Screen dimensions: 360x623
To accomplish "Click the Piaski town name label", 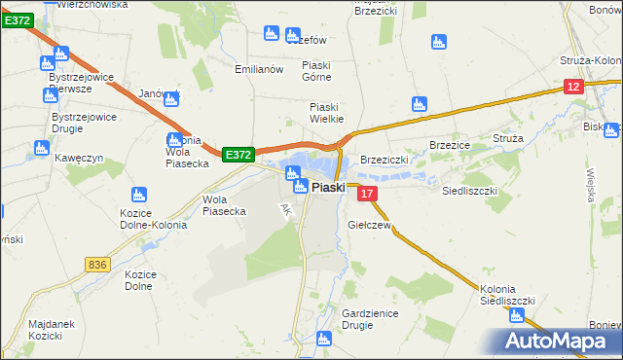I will [328, 188].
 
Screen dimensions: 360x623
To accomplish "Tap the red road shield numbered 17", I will [367, 196].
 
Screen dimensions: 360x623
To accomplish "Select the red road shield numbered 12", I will [573, 88].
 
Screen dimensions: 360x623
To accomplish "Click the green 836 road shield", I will [96, 265].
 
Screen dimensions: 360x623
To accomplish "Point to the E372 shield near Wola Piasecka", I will [238, 155].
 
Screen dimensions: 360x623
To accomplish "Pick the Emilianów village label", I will [259, 70].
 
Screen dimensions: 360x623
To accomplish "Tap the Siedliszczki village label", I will [470, 192].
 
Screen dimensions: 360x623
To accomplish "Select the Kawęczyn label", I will [79, 158].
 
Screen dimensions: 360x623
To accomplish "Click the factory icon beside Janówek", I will [172, 97].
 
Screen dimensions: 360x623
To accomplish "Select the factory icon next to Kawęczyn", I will [41, 148].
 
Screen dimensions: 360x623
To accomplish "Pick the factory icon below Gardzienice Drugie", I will [325, 339].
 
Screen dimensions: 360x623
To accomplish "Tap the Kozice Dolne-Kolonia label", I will [145, 219].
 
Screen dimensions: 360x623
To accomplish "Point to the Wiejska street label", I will [591, 180].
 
